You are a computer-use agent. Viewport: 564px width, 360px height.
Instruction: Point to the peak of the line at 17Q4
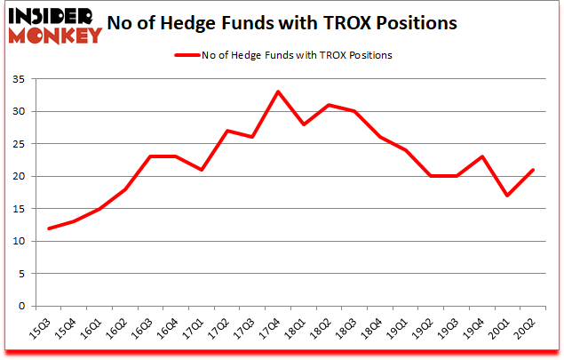coord(278,92)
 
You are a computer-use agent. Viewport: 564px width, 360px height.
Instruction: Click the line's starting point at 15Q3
coord(50,228)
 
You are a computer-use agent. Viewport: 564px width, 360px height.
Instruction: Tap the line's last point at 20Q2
coord(532,170)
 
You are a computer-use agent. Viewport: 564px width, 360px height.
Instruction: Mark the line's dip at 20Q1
coord(506,196)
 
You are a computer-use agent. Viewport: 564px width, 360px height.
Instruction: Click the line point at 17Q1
coord(202,170)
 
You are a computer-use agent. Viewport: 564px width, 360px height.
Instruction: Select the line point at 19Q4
coord(481,156)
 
